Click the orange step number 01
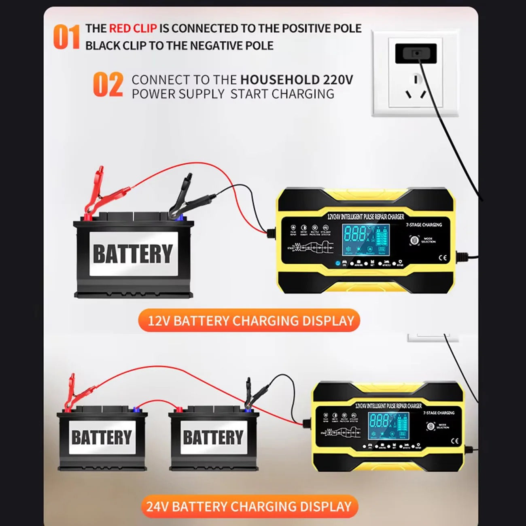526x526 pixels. pyautogui.click(x=66, y=37)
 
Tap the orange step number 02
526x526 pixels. pyautogui.click(x=108, y=85)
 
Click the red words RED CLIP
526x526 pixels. pyautogui.click(x=133, y=28)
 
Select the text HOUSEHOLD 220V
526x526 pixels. pyautogui.click(x=297, y=80)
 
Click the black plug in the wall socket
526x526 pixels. pyautogui.click(x=416, y=53)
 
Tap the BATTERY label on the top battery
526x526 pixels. pyautogui.click(x=133, y=254)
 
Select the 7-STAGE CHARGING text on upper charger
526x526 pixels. pyautogui.click(x=424, y=225)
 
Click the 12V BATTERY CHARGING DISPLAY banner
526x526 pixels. pyautogui.click(x=249, y=321)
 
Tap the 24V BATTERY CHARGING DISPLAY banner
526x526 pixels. pyautogui.click(x=249, y=506)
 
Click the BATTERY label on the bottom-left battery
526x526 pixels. pyautogui.click(x=102, y=437)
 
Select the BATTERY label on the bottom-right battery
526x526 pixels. pyautogui.click(x=213, y=437)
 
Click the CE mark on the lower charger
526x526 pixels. pyautogui.click(x=454, y=441)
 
